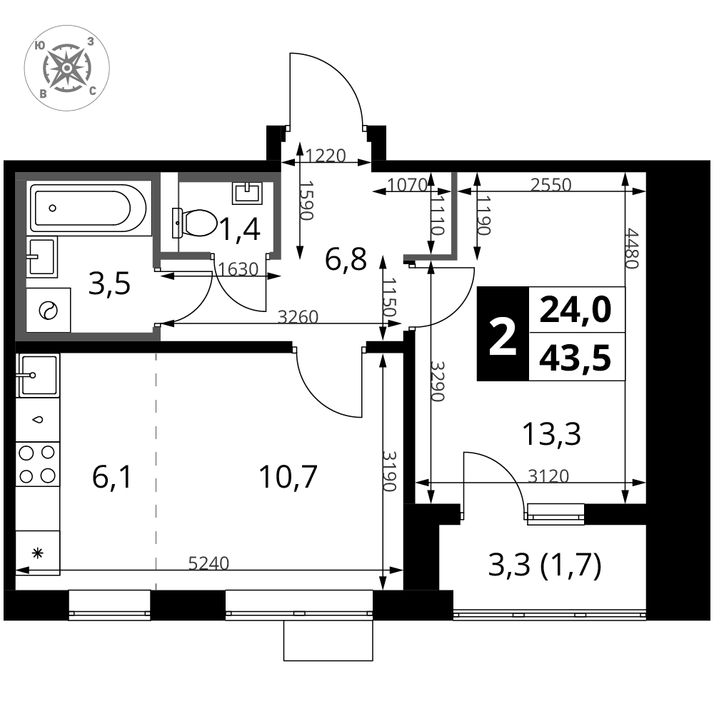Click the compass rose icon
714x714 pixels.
pos(66,69)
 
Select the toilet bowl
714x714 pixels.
pos(194,223)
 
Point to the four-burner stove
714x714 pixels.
pos(37,464)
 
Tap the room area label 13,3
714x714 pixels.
pos(551,434)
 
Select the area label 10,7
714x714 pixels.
pos(288,477)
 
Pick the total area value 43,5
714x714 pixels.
pos(575,358)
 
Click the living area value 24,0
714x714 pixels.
pos(575,310)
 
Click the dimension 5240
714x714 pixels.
pos(208,563)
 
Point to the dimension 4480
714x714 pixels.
pos(633,248)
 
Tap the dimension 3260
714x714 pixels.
pos(298,316)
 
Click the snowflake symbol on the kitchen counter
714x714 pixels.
pos(37,554)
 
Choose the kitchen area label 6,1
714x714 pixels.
pos(112,477)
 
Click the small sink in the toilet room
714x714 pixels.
pos(247,193)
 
